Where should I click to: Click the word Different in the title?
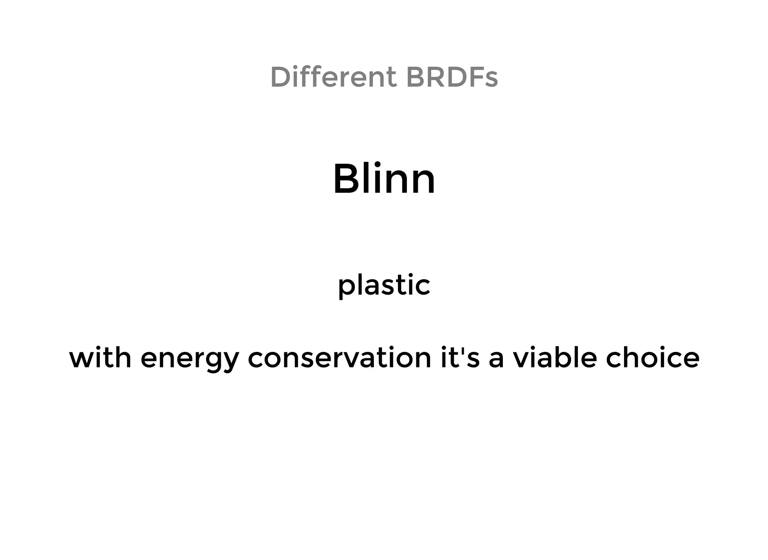pos(333,77)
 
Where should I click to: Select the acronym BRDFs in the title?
pos(452,77)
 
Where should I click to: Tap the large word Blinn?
pos(384,179)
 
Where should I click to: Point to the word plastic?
pos(384,285)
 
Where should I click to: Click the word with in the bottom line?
pos(100,358)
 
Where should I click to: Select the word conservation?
pos(340,358)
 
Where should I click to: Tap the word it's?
pos(460,358)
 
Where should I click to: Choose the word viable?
pos(555,358)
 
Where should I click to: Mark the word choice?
pos(652,358)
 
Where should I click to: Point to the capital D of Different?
pos(280,77)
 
